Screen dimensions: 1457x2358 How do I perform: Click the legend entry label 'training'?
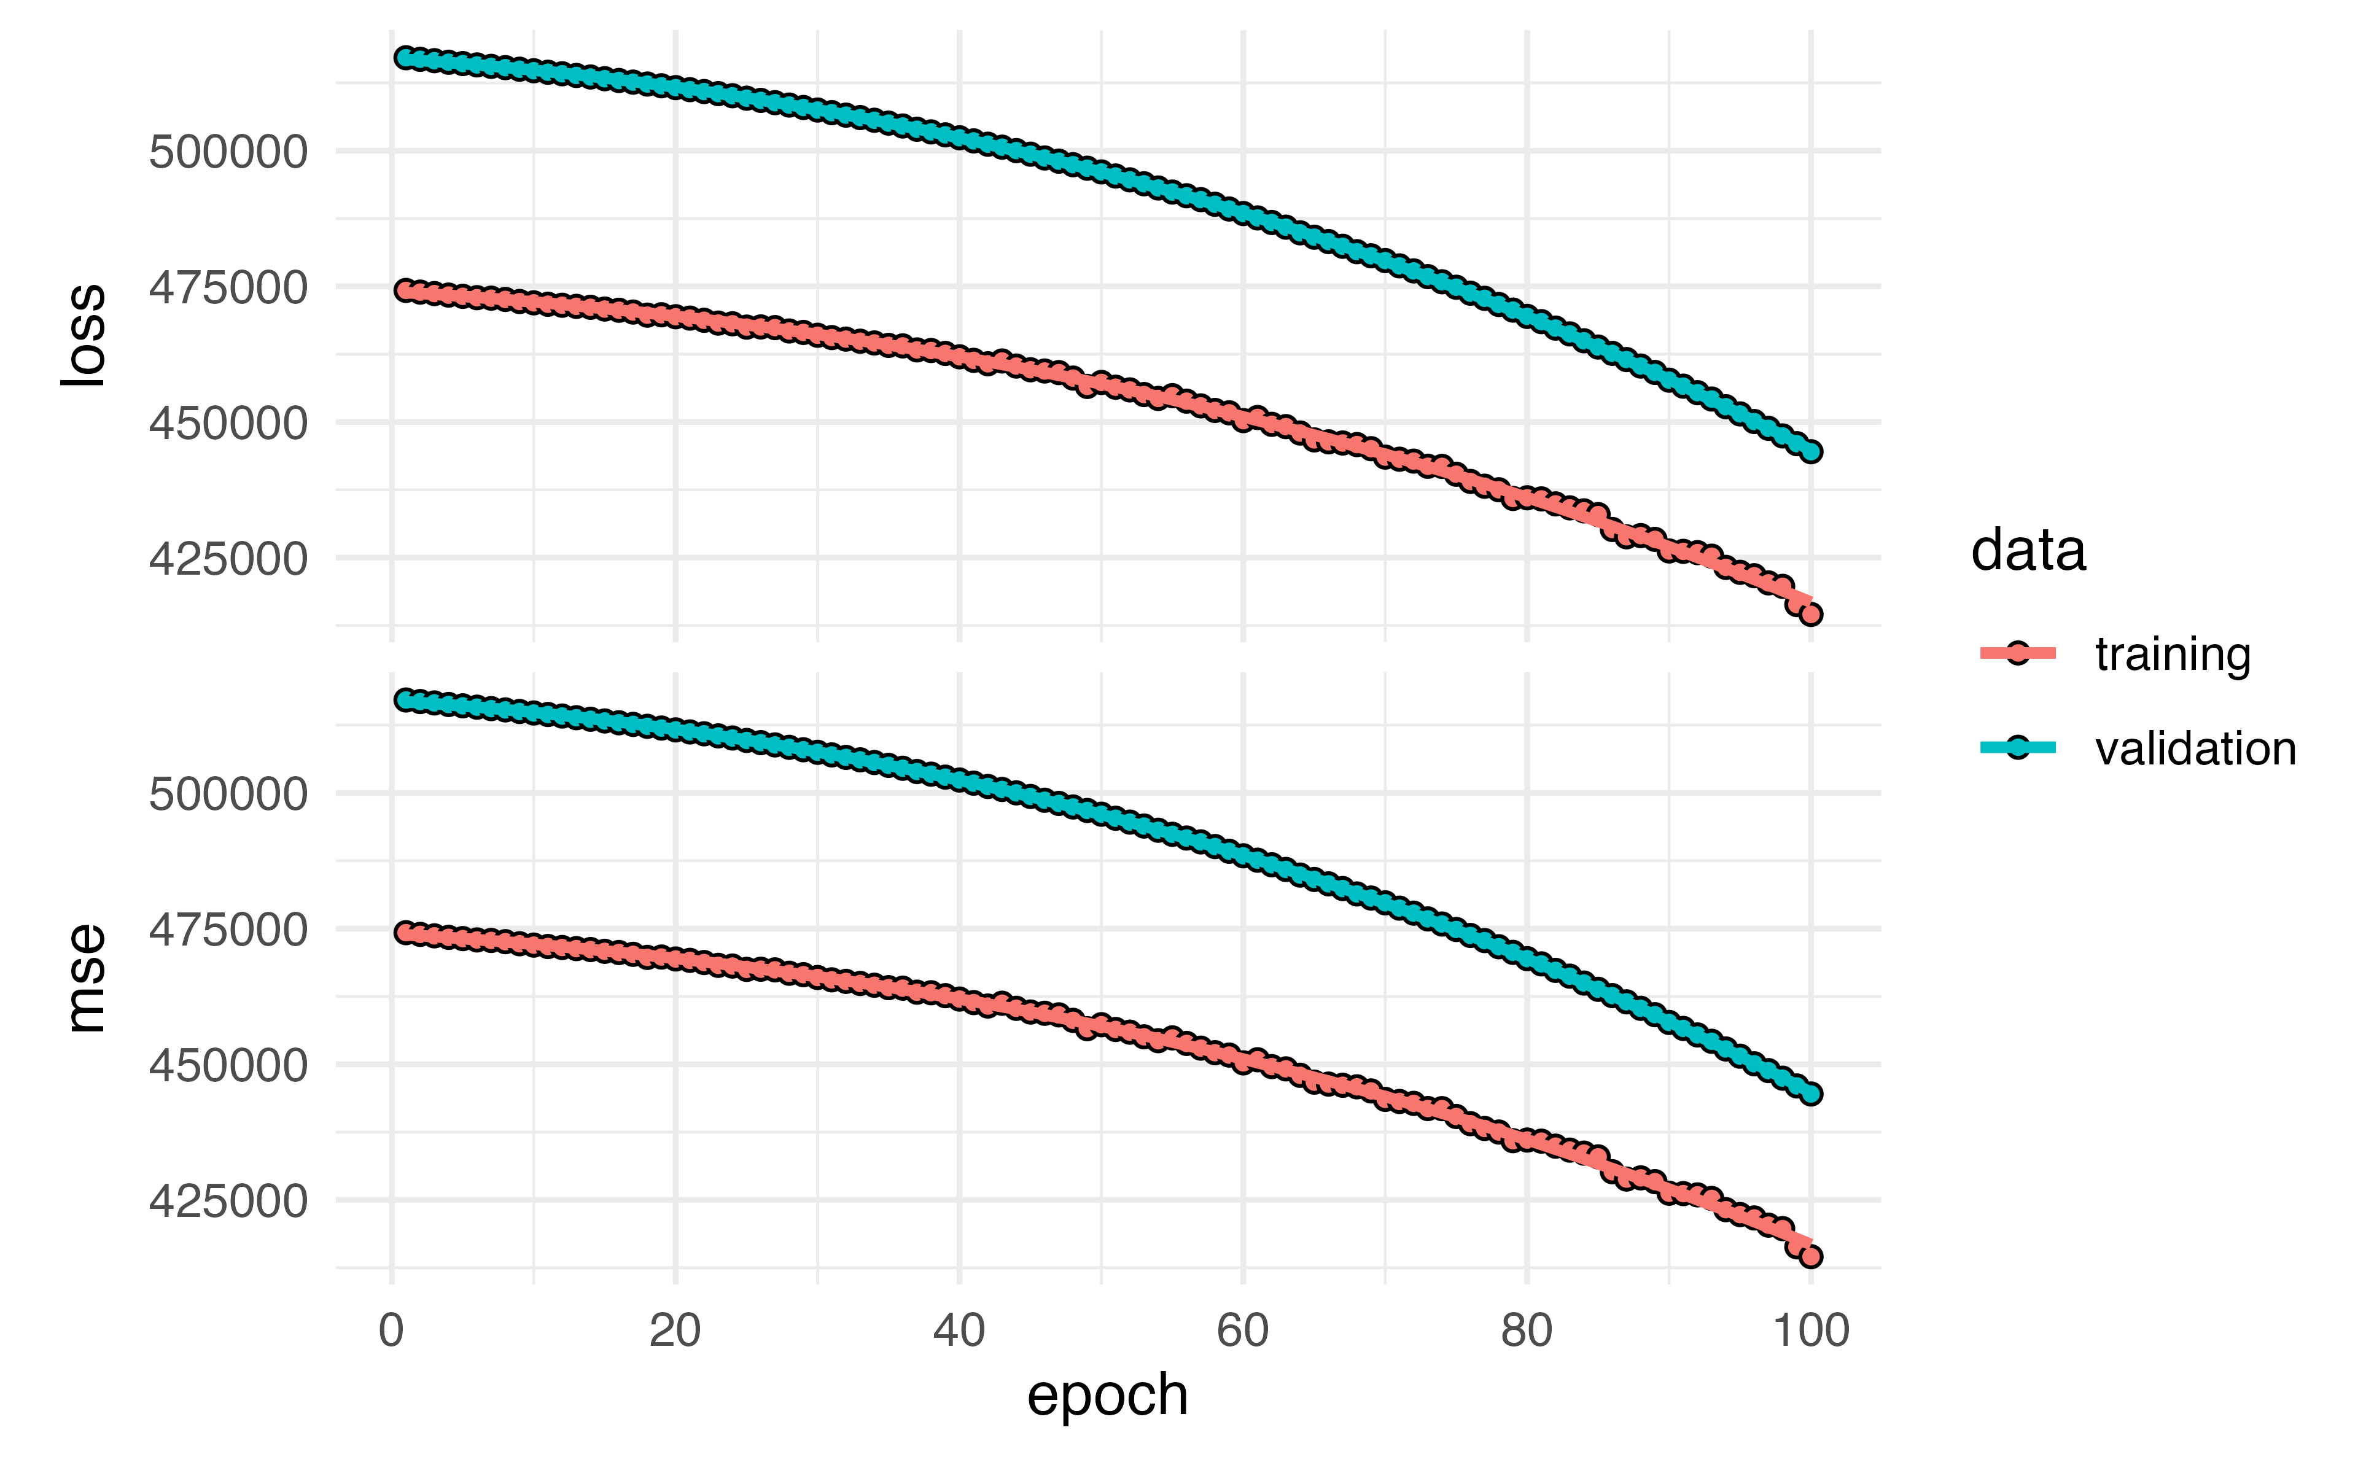[x=2172, y=655]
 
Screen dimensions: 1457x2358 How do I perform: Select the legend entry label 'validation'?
[x=2195, y=748]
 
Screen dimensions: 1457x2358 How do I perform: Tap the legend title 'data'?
[x=2028, y=551]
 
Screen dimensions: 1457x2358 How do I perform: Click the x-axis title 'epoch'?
[x=1107, y=1394]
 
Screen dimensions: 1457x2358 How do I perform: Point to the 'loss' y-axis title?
[x=83, y=335]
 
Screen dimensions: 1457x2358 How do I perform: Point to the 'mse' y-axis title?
[x=85, y=978]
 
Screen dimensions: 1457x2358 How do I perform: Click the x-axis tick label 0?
[x=391, y=1331]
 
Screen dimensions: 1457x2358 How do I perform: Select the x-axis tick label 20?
[x=674, y=1331]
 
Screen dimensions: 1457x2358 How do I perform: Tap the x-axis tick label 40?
[x=959, y=1331]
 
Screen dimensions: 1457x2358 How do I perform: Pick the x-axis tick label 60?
[x=1242, y=1331]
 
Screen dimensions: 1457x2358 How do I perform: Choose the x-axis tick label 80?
[x=1527, y=1331]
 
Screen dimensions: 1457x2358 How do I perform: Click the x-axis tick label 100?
[x=1811, y=1331]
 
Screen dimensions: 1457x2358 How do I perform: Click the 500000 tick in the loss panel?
[x=228, y=152]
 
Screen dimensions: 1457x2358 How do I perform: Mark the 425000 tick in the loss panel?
[x=228, y=559]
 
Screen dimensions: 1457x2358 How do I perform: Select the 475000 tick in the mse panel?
[x=228, y=930]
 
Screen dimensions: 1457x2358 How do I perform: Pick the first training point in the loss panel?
[x=406, y=290]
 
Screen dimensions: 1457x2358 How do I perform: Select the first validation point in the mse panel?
[x=406, y=699]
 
